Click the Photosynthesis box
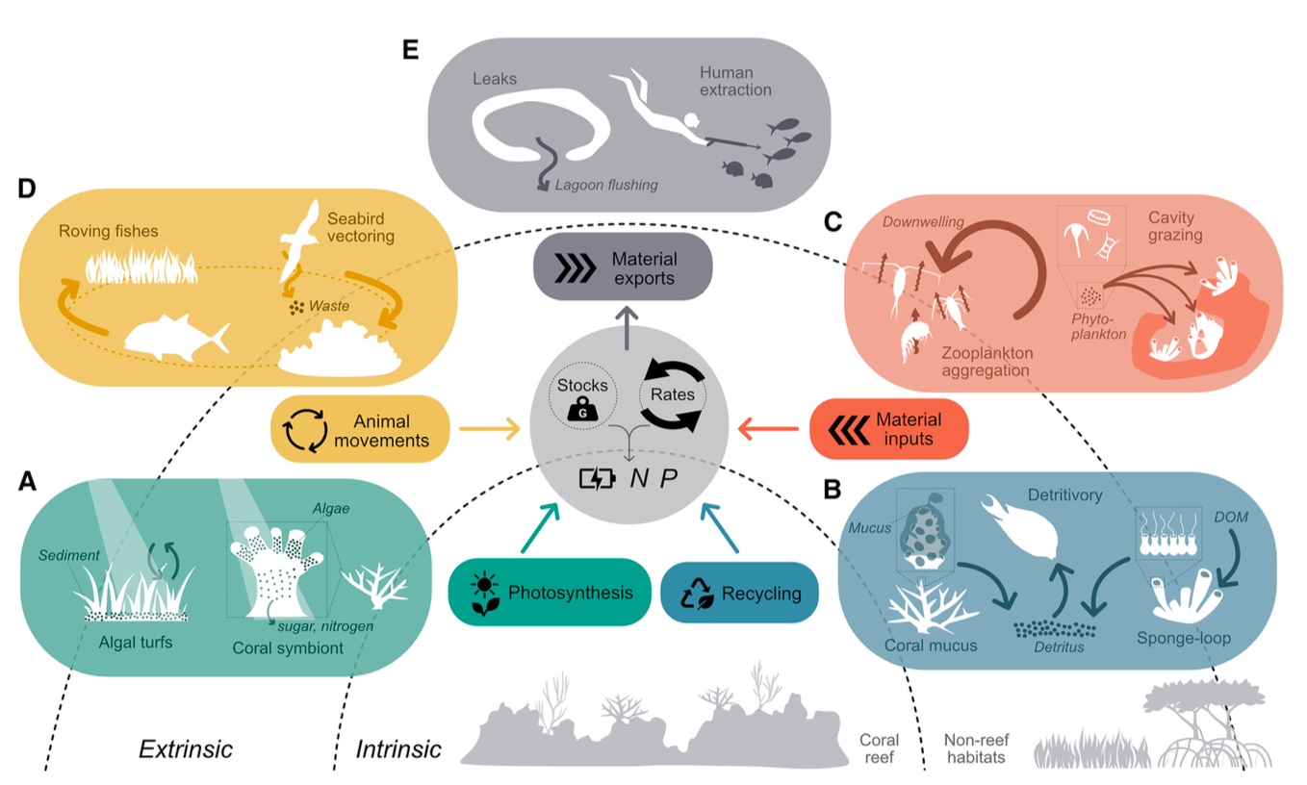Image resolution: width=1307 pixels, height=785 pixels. click(x=544, y=592)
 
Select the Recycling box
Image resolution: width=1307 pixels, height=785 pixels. click(x=740, y=593)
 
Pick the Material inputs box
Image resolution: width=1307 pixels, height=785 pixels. click(x=888, y=429)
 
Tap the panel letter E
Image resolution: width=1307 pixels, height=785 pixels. click(x=411, y=50)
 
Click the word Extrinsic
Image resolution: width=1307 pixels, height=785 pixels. click(x=186, y=748)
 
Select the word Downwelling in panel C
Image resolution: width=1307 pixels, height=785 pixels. click(x=923, y=222)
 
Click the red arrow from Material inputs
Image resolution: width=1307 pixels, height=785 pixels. click(x=767, y=429)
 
